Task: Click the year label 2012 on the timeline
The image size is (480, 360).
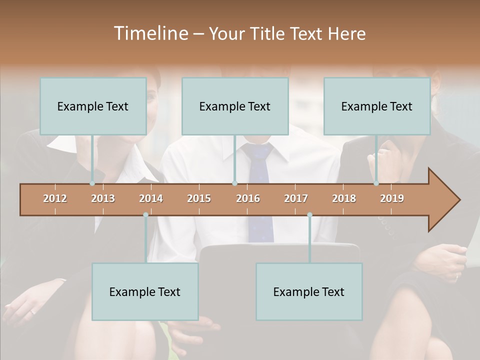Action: [55, 198]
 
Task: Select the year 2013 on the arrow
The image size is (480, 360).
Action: [103, 198]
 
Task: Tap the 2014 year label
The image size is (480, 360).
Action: [151, 198]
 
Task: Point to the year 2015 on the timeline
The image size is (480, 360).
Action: [199, 198]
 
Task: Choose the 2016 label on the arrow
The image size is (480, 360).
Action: [248, 198]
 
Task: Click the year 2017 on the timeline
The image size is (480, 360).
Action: [296, 198]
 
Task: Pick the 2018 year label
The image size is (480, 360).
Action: [344, 198]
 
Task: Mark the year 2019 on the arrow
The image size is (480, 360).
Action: [392, 198]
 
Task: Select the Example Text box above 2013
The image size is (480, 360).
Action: [93, 106]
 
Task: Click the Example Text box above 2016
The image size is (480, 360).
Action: [235, 106]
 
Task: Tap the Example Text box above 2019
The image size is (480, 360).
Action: [377, 106]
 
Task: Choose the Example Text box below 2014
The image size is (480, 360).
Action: [145, 291]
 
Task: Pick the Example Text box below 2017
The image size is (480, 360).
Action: [309, 291]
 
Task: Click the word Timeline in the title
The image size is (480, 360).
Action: [150, 33]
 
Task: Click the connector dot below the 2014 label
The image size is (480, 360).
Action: [145, 215]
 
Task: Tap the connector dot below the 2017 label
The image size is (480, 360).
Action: [309, 215]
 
